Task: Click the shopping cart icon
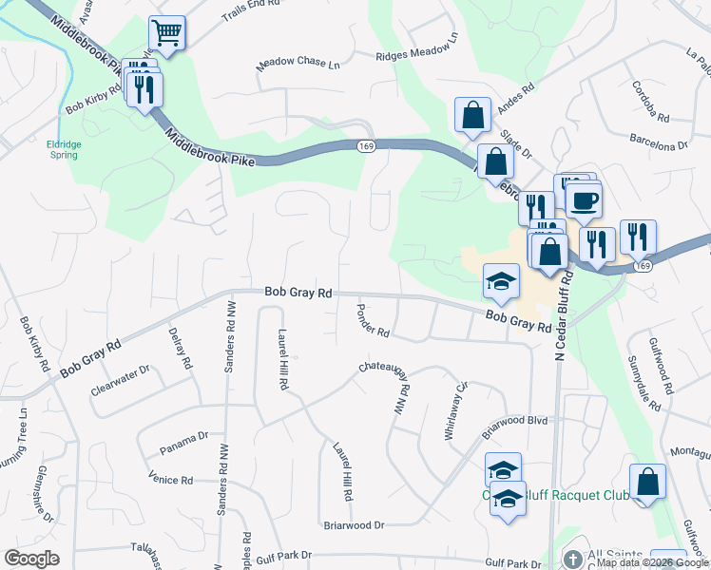pos(166,34)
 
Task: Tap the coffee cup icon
pos(584,200)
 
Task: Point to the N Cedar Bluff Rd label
pos(562,314)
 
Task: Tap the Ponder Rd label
pos(374,321)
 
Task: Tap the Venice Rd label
pos(171,480)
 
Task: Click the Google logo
pos(31,559)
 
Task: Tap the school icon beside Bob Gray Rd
pos(501,282)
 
